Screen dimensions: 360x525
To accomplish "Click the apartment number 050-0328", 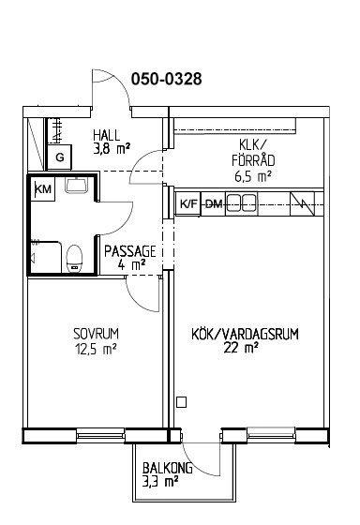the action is pos(167,79).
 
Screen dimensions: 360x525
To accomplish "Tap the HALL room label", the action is pos(107,135).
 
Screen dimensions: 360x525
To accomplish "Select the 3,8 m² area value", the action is pos(112,148).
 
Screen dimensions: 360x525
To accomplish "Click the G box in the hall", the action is pos(60,157).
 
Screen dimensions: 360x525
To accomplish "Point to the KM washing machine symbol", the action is pos(43,189).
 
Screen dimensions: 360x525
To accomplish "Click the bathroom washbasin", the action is pos(77,186).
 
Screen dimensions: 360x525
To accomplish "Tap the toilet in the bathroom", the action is pos(74,259).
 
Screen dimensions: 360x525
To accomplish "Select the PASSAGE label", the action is pos(130,251).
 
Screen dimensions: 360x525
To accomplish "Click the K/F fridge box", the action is pos(188,203).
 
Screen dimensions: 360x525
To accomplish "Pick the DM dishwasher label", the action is pos(214,203).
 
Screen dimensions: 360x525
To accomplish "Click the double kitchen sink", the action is pos(242,203).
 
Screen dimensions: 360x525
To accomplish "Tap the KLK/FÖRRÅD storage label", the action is pos(253,153).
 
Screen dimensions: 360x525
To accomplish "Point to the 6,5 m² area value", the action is pos(252,176).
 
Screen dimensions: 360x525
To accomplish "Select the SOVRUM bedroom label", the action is pos(96,334).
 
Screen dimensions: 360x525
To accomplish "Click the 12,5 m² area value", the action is pos(96,349).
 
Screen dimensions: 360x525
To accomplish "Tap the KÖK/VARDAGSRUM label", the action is pos(245,334).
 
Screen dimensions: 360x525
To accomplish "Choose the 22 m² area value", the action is pos(241,348).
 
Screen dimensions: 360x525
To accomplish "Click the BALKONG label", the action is pos(168,468).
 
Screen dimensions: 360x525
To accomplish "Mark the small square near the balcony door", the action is pos(181,402).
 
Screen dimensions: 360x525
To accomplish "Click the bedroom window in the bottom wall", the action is pos(100,436).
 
